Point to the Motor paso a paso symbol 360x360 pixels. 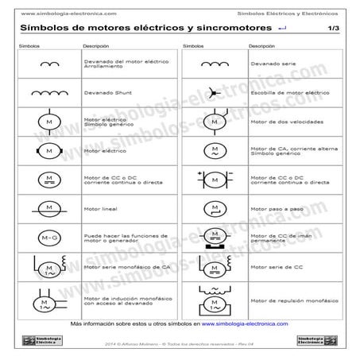click(x=215, y=209)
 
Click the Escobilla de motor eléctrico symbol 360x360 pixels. click(x=215, y=92)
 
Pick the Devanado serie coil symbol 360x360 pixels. click(x=215, y=63)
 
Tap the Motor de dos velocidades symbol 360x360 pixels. click(x=215, y=122)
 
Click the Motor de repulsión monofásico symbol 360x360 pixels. click(x=215, y=296)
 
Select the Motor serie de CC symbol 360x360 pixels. click(x=215, y=267)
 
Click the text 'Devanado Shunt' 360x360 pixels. click(x=102, y=92)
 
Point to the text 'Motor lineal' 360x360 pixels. click(x=99, y=209)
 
